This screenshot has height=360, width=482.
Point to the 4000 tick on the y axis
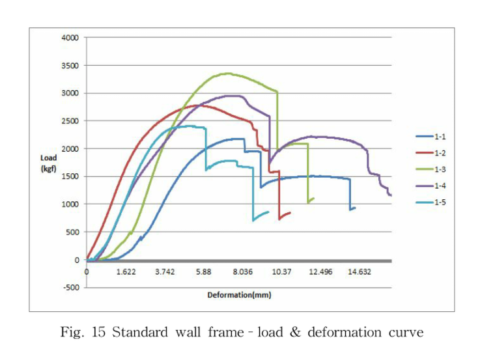(x=70, y=38)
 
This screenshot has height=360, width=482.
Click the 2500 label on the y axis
(x=70, y=121)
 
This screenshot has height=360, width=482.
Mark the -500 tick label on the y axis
(x=70, y=288)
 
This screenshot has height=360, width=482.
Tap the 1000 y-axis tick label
(x=70, y=204)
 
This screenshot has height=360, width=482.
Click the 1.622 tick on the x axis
(x=126, y=271)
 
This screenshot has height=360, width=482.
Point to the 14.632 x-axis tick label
(x=359, y=271)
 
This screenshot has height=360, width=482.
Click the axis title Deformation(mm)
(x=239, y=295)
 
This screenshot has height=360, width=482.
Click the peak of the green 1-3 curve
(x=227, y=74)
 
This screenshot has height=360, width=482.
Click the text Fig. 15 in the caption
(x=84, y=333)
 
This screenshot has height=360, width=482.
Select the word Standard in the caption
(x=140, y=333)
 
